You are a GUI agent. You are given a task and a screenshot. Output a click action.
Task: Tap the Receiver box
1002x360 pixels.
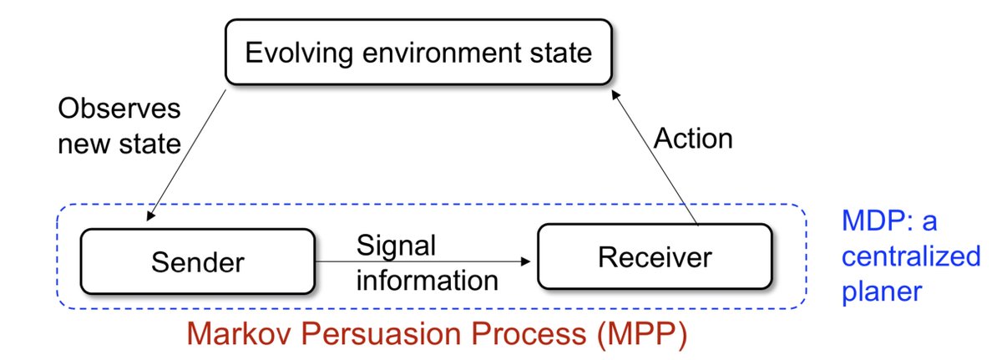click(x=654, y=256)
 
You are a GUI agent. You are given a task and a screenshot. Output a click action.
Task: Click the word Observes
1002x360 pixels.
click(x=119, y=109)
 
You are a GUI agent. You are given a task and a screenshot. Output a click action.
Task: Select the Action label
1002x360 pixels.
click(x=693, y=138)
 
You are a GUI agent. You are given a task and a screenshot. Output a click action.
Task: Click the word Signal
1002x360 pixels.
click(x=397, y=246)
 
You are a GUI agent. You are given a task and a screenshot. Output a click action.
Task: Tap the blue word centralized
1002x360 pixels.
click(x=910, y=255)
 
